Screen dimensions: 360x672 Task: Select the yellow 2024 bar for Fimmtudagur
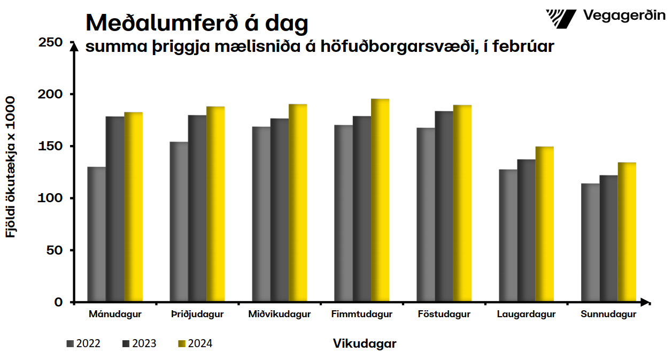(380, 201)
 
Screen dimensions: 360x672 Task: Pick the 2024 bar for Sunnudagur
(627, 232)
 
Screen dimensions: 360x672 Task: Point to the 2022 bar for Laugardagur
(508, 236)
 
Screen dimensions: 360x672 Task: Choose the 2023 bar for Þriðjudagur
(197, 209)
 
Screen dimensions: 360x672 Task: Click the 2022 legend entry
(84, 343)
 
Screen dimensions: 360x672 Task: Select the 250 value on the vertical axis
(51, 42)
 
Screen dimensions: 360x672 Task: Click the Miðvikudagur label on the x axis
(280, 315)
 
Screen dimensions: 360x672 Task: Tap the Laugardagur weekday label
(527, 315)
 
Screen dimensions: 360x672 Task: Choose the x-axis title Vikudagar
(365, 343)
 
